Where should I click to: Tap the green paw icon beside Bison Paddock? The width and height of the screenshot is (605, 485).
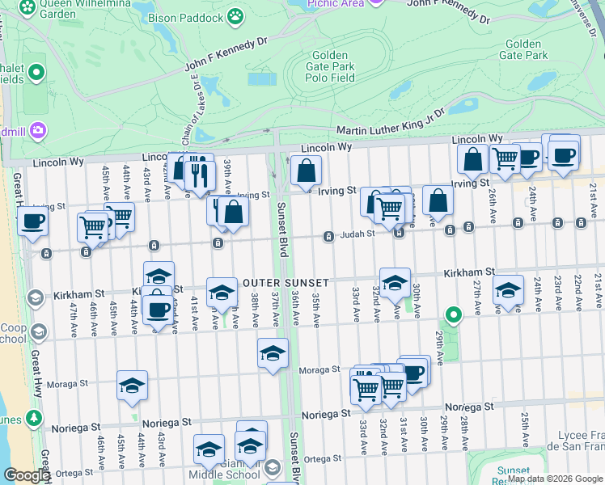pos(235,15)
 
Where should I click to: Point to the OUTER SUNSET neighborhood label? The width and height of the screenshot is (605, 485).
pos(286,283)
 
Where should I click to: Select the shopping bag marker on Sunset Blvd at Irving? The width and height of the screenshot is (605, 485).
pos(306,171)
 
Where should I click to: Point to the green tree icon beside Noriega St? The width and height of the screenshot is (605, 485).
pos(34,418)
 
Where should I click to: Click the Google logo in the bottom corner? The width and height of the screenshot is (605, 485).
pos(26,475)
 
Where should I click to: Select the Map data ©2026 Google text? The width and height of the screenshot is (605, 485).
pos(555,479)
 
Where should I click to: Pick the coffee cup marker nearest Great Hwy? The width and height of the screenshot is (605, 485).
pos(32,221)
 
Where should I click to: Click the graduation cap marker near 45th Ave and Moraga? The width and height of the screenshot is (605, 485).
pos(132,386)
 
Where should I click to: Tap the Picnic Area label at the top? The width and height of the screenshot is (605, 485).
pos(335,4)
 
